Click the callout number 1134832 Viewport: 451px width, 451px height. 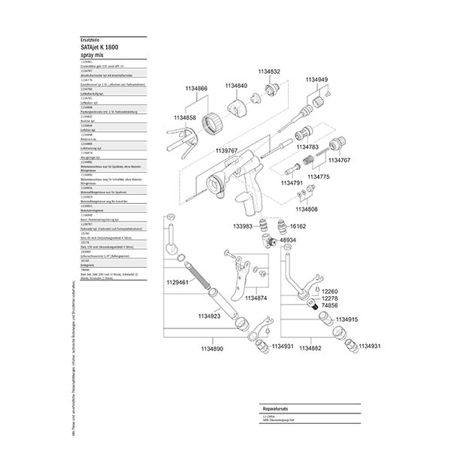tap(268, 71)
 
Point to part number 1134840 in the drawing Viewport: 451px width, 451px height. tap(236, 86)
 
